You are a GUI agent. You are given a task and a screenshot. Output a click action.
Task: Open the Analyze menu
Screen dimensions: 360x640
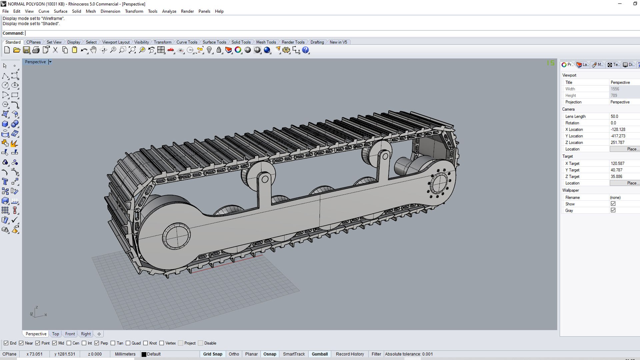(x=169, y=11)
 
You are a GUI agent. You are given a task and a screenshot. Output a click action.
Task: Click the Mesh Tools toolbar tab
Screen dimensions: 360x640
(x=266, y=42)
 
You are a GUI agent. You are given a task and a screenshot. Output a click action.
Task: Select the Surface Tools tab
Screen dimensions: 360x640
(x=214, y=42)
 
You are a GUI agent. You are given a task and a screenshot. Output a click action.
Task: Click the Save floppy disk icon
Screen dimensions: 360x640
(x=26, y=50)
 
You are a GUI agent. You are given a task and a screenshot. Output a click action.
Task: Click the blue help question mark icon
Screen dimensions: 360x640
(x=305, y=50)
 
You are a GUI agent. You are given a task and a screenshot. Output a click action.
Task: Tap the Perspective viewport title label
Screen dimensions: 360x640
(x=35, y=62)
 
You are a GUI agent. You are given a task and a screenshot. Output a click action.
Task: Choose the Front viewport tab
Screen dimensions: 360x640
(x=70, y=334)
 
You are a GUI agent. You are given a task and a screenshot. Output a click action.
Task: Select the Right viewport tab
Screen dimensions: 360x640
(x=86, y=334)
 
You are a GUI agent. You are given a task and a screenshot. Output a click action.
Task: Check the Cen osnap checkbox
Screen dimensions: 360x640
(x=69, y=343)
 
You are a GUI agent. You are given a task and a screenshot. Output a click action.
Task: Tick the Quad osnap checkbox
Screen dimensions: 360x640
(x=128, y=343)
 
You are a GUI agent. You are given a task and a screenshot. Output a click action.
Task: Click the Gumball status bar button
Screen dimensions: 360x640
(x=320, y=354)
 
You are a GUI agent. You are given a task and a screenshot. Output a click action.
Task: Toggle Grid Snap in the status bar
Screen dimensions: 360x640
(x=213, y=354)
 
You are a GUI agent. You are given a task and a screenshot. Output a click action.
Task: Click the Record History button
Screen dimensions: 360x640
(x=350, y=354)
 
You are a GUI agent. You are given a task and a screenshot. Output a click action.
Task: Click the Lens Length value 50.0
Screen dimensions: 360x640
(x=614, y=116)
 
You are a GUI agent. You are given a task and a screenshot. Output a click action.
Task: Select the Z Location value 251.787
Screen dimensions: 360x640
(x=617, y=142)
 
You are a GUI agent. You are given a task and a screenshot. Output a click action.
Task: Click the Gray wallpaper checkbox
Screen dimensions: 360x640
(x=613, y=210)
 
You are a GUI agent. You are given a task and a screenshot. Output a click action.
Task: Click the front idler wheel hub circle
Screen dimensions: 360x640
(x=176, y=236)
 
